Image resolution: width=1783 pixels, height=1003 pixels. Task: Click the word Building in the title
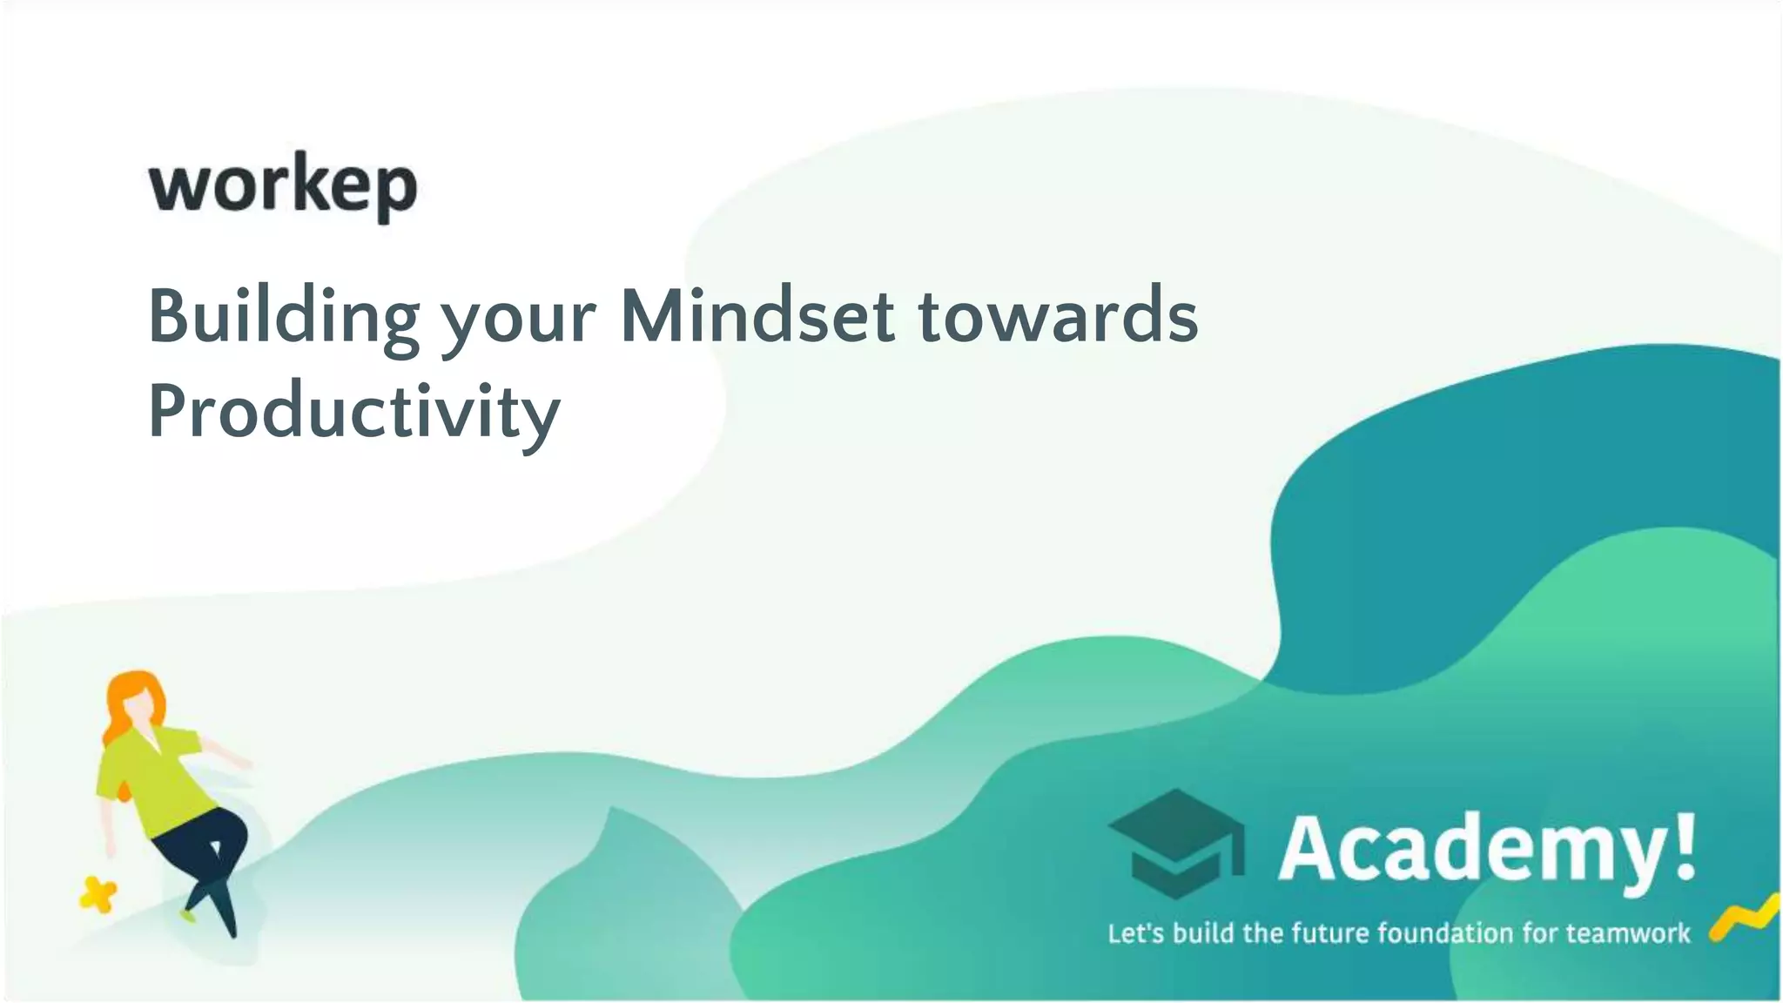[284, 317]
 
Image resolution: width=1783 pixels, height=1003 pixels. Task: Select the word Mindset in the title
[757, 315]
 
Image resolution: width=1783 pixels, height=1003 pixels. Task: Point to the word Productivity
[353, 413]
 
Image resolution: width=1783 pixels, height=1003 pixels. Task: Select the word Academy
[1471, 848]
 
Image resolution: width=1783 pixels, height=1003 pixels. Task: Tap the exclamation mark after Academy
[1685, 845]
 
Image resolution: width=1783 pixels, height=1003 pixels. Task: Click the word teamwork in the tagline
[1628, 933]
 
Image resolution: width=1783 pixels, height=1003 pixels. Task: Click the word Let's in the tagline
[1135, 933]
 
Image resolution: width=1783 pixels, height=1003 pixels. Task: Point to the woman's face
[140, 710]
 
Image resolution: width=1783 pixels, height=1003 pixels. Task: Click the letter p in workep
[395, 192]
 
